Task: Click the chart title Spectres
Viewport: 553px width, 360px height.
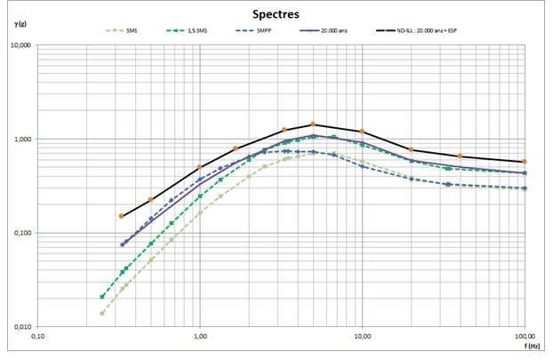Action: pyautogui.click(x=276, y=15)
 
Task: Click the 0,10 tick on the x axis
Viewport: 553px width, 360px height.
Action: pyautogui.click(x=37, y=337)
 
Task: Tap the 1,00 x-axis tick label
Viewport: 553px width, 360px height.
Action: pyautogui.click(x=200, y=337)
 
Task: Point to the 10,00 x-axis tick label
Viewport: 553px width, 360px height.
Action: pyautogui.click(x=362, y=337)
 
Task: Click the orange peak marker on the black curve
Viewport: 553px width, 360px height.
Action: pyautogui.click(x=313, y=124)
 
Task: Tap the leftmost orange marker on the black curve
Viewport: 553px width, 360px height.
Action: pyautogui.click(x=122, y=216)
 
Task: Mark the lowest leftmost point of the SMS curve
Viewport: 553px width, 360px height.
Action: pyautogui.click(x=102, y=313)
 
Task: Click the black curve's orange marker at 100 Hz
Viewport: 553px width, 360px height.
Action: pyautogui.click(x=525, y=162)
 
